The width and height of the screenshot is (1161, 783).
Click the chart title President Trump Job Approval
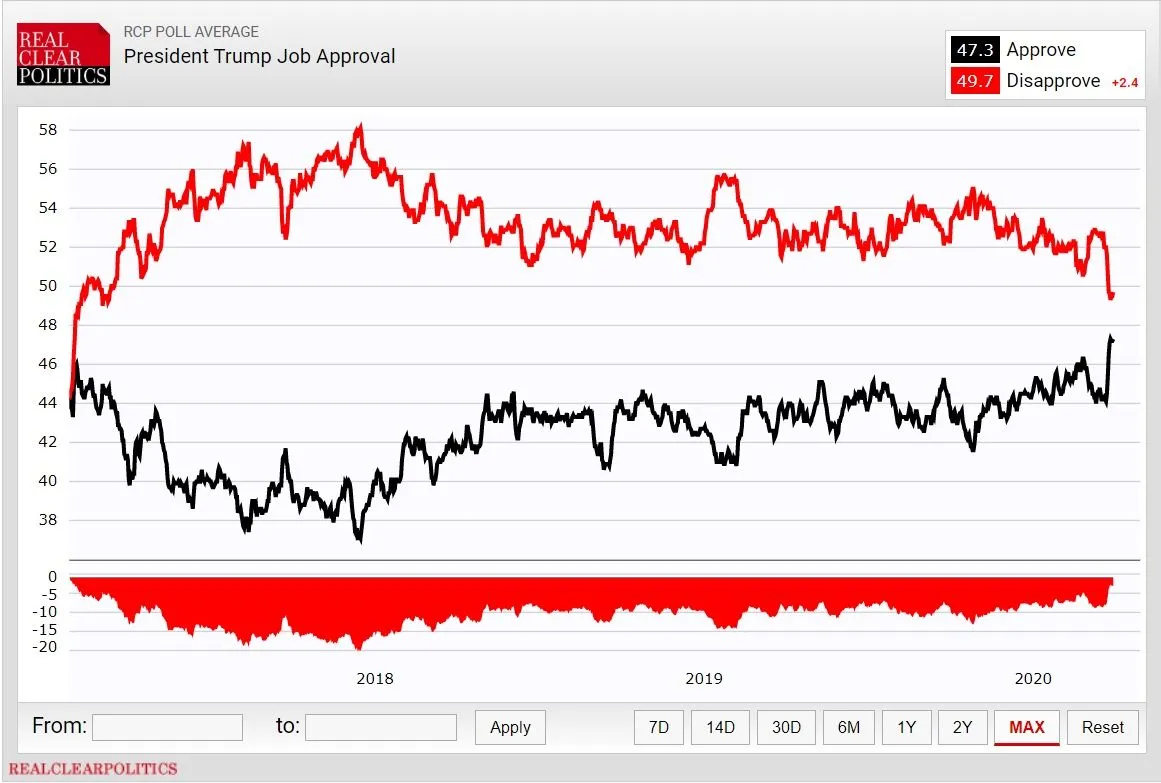point(259,56)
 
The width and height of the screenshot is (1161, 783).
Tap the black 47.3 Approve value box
point(973,50)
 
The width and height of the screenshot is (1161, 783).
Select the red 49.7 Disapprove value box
point(973,81)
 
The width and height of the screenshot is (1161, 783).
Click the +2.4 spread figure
point(1124,83)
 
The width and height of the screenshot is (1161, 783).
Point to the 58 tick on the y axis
point(48,130)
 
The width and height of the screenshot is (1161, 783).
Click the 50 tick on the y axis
point(48,286)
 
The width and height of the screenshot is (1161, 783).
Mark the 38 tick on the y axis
point(48,520)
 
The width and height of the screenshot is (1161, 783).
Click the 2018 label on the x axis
point(375,679)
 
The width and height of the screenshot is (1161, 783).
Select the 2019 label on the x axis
point(704,679)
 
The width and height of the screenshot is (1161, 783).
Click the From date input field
point(167,727)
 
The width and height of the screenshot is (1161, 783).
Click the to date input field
point(380,727)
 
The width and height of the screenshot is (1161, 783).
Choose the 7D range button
point(659,727)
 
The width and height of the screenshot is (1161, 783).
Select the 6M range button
point(848,727)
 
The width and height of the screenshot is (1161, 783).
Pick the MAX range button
point(1027,727)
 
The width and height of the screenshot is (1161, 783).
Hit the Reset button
point(1103,727)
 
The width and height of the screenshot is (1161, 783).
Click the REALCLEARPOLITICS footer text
point(93,769)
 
